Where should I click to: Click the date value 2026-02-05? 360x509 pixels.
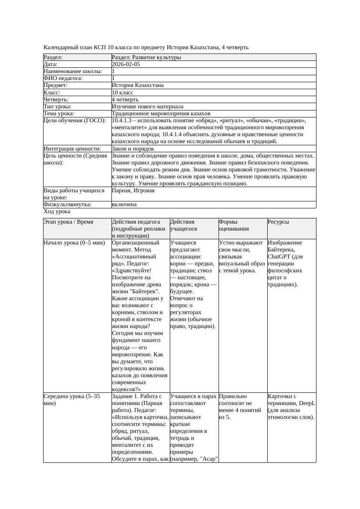(126, 64)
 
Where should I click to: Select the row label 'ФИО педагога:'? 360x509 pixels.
(63, 78)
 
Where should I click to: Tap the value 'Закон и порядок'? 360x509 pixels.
(133, 149)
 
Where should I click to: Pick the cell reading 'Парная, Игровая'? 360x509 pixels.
(133, 191)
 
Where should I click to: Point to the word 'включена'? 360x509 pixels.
(124, 204)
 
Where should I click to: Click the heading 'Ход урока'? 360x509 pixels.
(57, 211)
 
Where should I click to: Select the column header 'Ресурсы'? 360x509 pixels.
(279, 222)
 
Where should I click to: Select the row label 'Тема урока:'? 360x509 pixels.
(59, 114)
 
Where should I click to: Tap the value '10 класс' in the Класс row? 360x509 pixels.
(122, 93)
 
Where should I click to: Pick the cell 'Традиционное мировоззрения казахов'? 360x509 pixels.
(161, 114)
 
